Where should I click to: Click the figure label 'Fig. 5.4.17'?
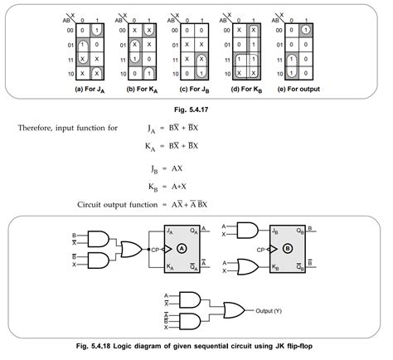pyautogui.click(x=196, y=107)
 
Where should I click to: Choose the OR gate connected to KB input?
pyautogui.click(x=248, y=265)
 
